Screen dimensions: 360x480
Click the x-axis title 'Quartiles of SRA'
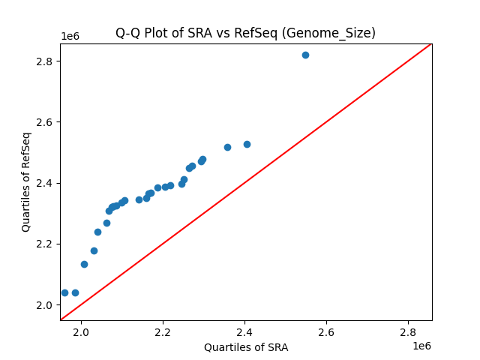tap(246, 347)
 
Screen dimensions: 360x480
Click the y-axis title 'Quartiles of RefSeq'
tap(26, 181)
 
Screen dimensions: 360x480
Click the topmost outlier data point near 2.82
tap(305, 55)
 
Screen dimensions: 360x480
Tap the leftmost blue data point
tap(64, 292)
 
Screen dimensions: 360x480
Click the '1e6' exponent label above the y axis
tap(70, 37)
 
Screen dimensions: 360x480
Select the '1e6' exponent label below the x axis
tap(421, 346)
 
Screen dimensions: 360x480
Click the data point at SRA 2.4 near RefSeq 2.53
tap(247, 144)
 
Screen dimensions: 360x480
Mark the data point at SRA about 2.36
tap(227, 147)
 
